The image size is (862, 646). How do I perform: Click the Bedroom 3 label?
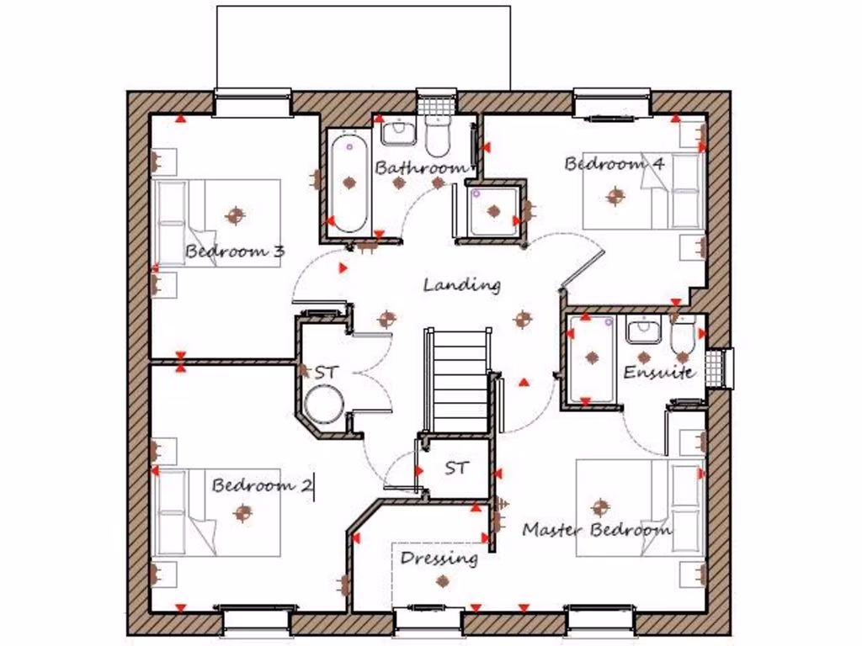point(235,251)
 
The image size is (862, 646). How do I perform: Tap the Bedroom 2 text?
point(262,485)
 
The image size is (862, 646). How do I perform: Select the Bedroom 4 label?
point(615,163)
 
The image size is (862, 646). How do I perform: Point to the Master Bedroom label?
point(597,530)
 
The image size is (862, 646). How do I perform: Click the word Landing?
point(461,284)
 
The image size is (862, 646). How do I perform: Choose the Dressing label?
point(439,558)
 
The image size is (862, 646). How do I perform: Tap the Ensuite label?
point(659,372)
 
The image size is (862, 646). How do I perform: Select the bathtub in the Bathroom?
point(348,184)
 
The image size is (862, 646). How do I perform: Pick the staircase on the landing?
point(460,379)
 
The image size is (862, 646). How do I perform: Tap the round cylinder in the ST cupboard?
point(323,405)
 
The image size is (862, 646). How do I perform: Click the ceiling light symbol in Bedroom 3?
point(235,215)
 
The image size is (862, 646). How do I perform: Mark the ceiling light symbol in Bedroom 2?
point(243,511)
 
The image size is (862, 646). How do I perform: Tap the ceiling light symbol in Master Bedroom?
point(600,507)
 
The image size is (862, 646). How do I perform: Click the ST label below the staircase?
point(456,468)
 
